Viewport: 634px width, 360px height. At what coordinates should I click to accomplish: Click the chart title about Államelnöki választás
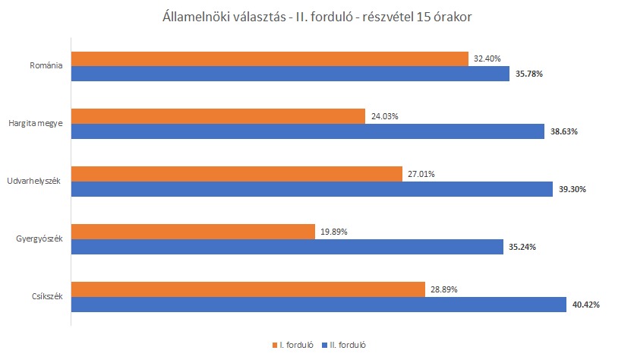pos(317,17)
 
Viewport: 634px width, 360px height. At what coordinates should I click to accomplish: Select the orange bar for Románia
pos(270,59)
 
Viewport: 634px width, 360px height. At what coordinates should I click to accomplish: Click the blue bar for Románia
pos(290,74)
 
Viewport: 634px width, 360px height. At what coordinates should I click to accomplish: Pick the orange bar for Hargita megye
pos(219,116)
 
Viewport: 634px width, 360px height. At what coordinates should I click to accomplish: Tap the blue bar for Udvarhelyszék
pos(311,188)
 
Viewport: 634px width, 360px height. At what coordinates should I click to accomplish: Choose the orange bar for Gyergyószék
pos(193,232)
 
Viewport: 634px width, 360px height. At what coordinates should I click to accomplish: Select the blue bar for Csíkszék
pos(318,305)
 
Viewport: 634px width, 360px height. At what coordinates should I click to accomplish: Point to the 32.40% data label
pos(487,59)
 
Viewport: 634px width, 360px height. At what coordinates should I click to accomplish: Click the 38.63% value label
pos(563,131)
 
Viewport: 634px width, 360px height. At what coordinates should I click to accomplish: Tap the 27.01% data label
pos(421,174)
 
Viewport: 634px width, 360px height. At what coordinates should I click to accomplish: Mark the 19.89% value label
pos(333,232)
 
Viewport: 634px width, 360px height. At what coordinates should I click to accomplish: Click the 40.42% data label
pos(585,305)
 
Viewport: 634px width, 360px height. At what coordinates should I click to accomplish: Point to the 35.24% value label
pos(522,246)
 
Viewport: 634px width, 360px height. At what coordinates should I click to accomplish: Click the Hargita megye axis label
pos(36,124)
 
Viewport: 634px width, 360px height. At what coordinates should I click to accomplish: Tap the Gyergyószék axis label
pos(38,239)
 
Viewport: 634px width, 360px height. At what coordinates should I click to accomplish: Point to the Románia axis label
pos(46,66)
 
